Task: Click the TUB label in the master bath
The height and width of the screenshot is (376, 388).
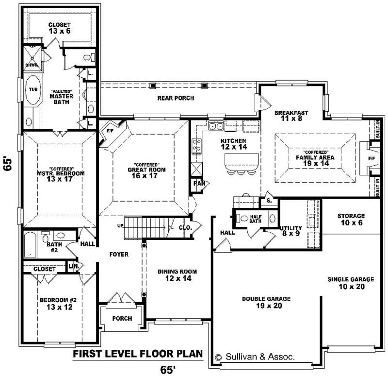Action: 33,89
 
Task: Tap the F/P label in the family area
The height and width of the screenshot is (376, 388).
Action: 372,158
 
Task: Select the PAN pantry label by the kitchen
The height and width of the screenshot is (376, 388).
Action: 199,184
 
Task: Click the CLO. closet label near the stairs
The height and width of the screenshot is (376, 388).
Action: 186,227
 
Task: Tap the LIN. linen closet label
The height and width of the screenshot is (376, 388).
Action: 74,267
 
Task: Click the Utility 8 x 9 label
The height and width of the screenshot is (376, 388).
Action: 291,231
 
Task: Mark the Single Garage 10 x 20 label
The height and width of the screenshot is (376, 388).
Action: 351,283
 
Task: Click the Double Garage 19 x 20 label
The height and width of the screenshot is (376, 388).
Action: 266,302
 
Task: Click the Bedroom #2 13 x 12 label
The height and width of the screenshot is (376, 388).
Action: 58,303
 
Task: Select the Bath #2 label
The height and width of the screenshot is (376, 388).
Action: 53,247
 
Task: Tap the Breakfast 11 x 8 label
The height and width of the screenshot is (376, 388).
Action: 291,116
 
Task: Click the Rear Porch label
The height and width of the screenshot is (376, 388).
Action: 176,98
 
